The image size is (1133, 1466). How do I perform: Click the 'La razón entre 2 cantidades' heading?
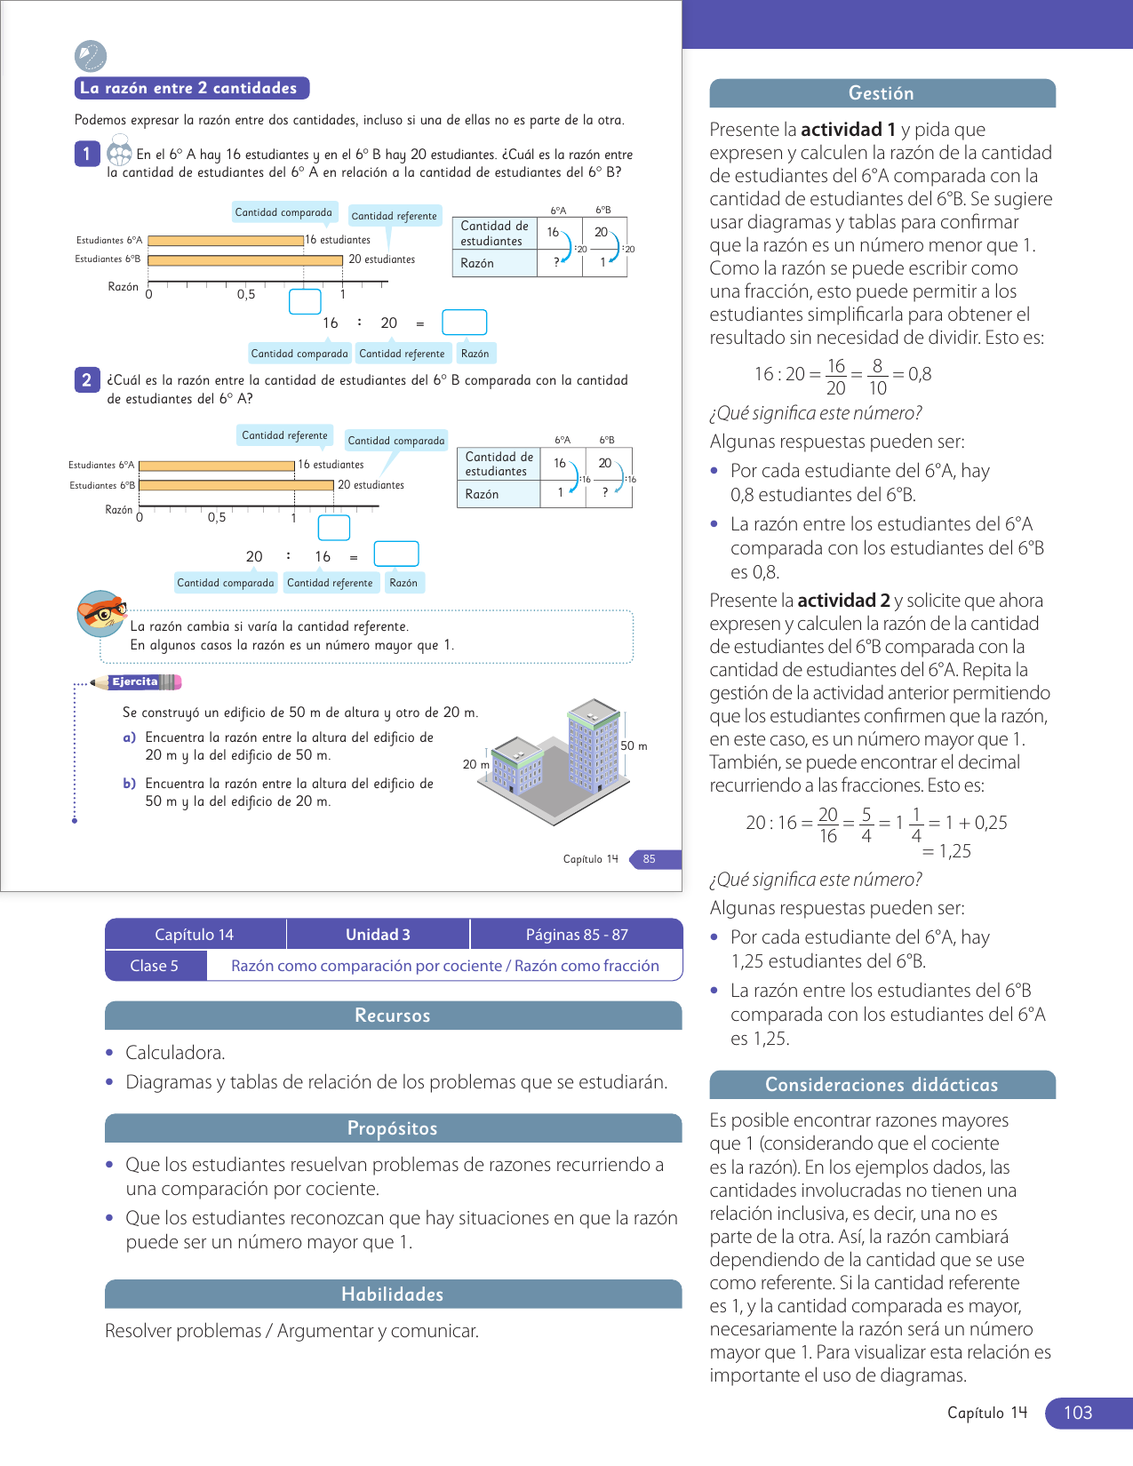[191, 88]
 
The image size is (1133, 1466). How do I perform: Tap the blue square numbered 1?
[86, 154]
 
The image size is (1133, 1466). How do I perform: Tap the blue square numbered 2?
[86, 380]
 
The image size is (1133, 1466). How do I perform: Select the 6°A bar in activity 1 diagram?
[226, 240]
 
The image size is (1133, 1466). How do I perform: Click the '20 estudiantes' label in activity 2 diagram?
[371, 485]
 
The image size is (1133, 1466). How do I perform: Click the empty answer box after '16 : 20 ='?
[464, 322]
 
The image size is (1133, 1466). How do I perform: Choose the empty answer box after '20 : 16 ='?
[396, 554]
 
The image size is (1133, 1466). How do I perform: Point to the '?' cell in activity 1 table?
[557, 262]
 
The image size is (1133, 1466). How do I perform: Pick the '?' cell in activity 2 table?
[605, 492]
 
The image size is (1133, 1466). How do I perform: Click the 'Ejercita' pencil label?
[136, 682]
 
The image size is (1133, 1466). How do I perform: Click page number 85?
[650, 859]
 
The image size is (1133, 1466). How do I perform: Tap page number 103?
[1077, 1413]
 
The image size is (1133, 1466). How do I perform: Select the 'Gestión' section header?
[882, 93]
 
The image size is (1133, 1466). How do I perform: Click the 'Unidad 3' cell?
[378, 934]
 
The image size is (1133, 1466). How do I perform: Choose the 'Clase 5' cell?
[155, 966]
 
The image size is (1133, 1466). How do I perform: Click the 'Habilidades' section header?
[393, 1295]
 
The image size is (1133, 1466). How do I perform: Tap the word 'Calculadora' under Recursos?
[174, 1053]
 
